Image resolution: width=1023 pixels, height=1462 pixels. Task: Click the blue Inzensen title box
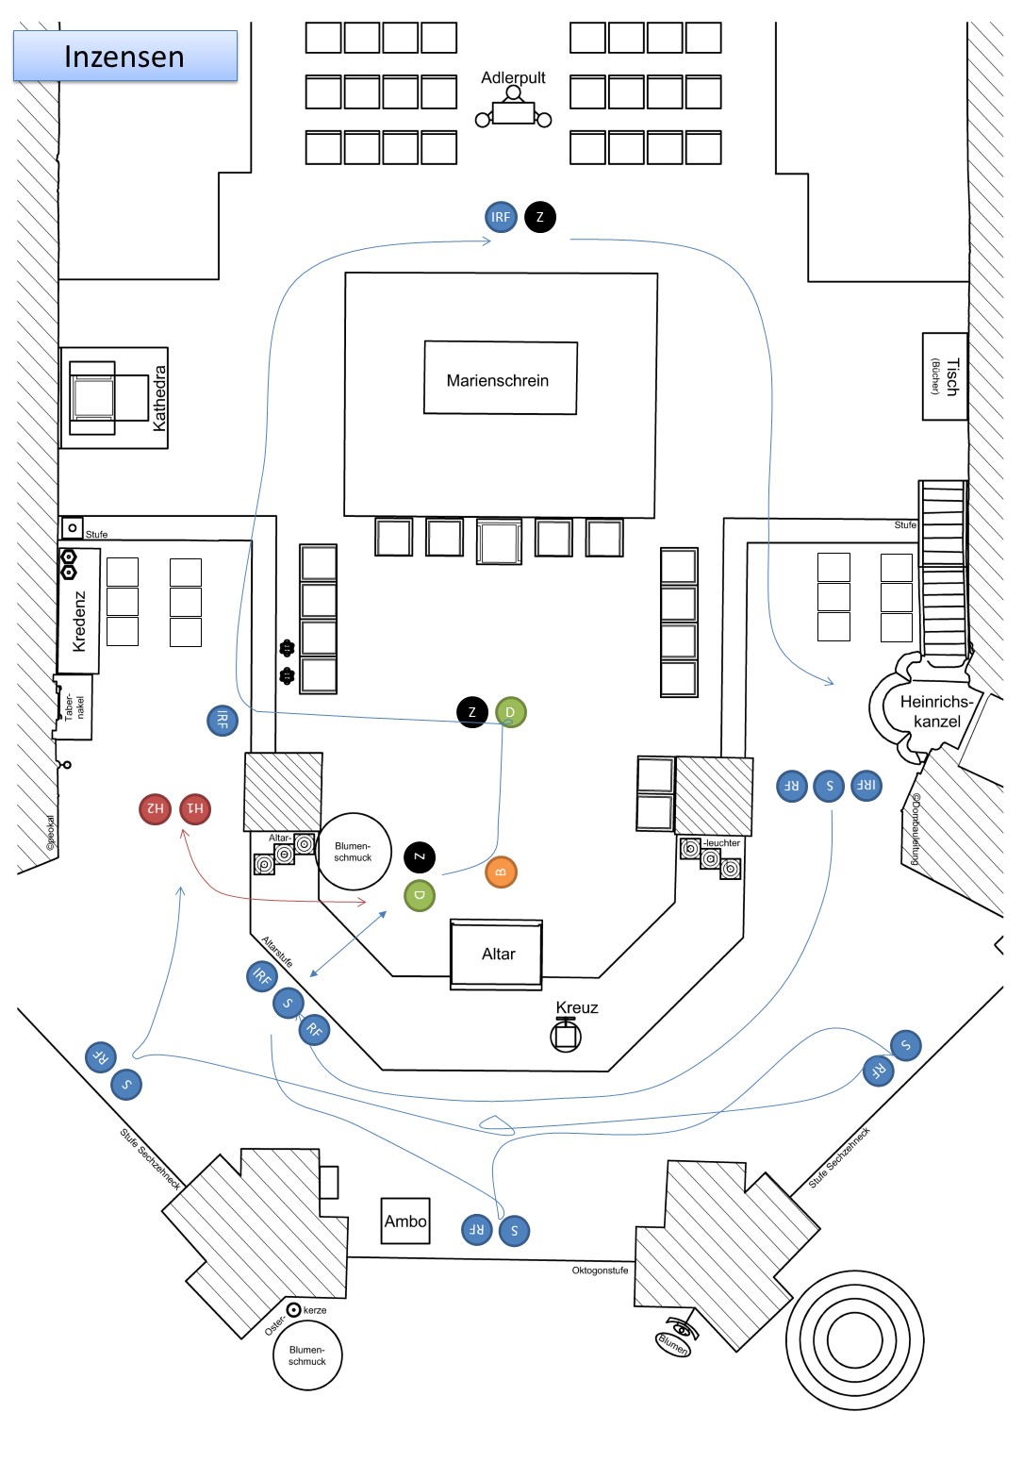pos(124,56)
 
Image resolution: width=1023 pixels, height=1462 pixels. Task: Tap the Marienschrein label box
pos(500,378)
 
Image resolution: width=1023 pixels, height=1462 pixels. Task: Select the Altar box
pos(497,954)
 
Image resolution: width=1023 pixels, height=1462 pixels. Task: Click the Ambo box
pos(405,1221)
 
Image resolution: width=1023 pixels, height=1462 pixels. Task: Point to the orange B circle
pos(501,872)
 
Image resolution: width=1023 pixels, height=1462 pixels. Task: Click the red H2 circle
pos(155,808)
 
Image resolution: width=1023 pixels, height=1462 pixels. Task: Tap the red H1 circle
pos(195,808)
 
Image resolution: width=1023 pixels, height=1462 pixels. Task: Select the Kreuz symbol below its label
pos(566,1036)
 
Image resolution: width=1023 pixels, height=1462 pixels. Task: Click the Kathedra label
pos(159,398)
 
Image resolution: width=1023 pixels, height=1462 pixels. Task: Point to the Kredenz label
pos(79,621)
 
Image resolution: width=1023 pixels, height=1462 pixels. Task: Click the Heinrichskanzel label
pos(936,711)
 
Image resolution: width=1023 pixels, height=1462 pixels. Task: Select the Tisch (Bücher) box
pos(944,376)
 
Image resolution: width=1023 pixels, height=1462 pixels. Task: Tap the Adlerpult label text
pos(513,77)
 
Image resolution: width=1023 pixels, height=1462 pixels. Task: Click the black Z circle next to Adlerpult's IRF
pos(540,217)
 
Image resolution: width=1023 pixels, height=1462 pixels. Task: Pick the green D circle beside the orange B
pos(420,894)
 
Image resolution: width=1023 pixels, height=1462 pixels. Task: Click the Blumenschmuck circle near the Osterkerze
pos(307,1355)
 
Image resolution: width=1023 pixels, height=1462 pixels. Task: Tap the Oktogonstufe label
pos(600,1271)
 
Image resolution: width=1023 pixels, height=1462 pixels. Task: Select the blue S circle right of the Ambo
pos(514,1230)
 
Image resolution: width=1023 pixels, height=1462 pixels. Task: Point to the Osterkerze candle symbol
pos(294,1309)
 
